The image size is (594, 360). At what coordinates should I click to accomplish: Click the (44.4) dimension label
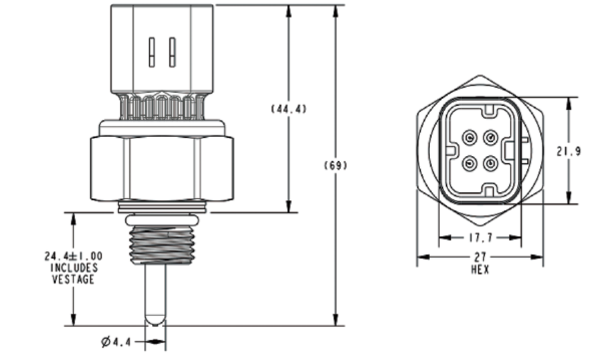point(288,109)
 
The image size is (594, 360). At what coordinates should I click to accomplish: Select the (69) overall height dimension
point(334,165)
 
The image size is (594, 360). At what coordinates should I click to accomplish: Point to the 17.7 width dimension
point(479,237)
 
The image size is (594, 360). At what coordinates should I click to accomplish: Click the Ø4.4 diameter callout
point(116,343)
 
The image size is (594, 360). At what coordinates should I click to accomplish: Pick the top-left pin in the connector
point(470,138)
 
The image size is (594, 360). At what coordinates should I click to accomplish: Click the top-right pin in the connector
point(490,138)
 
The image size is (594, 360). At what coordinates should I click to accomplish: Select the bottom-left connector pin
point(470,161)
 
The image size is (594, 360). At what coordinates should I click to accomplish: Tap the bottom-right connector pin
point(490,161)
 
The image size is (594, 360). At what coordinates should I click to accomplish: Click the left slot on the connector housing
point(152,52)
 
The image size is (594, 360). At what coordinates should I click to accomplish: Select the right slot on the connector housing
point(172,52)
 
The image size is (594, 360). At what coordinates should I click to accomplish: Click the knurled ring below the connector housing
point(162,106)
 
